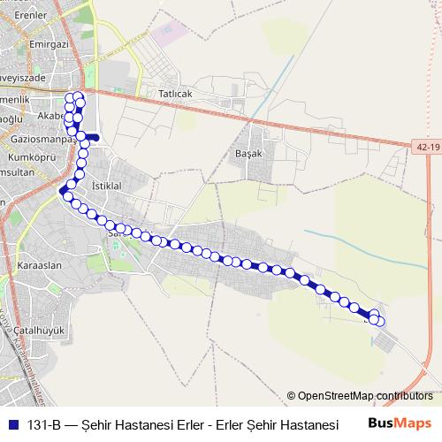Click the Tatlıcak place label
pos(175,94)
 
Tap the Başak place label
pos(251,152)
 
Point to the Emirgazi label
pos(49,42)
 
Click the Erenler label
pos(29,16)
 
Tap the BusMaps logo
pos(400,423)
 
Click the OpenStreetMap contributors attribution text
pos(364,396)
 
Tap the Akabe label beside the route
pos(51,115)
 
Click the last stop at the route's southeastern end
pos(380,321)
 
